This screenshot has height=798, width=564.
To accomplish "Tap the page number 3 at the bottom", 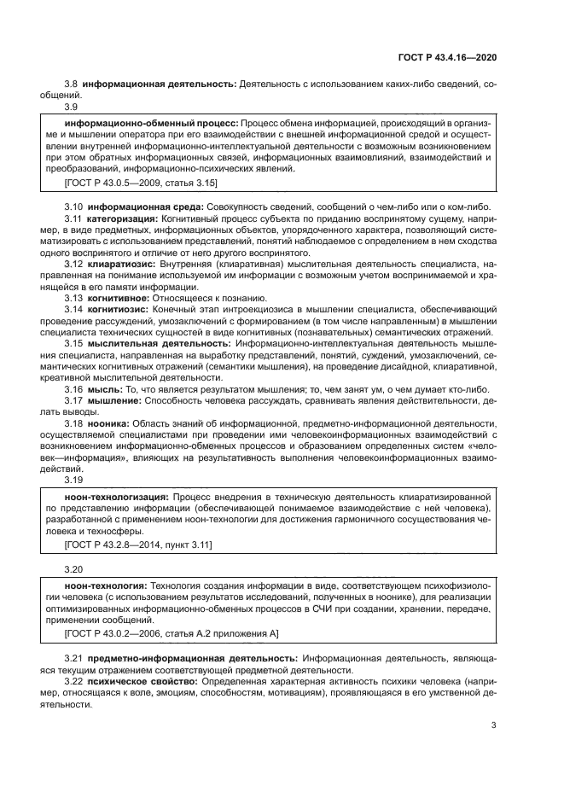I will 494,725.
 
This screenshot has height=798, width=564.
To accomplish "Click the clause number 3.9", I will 72,108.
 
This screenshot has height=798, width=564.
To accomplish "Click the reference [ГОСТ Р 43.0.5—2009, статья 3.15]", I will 141,183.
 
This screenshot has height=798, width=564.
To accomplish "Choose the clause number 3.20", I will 74,568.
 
